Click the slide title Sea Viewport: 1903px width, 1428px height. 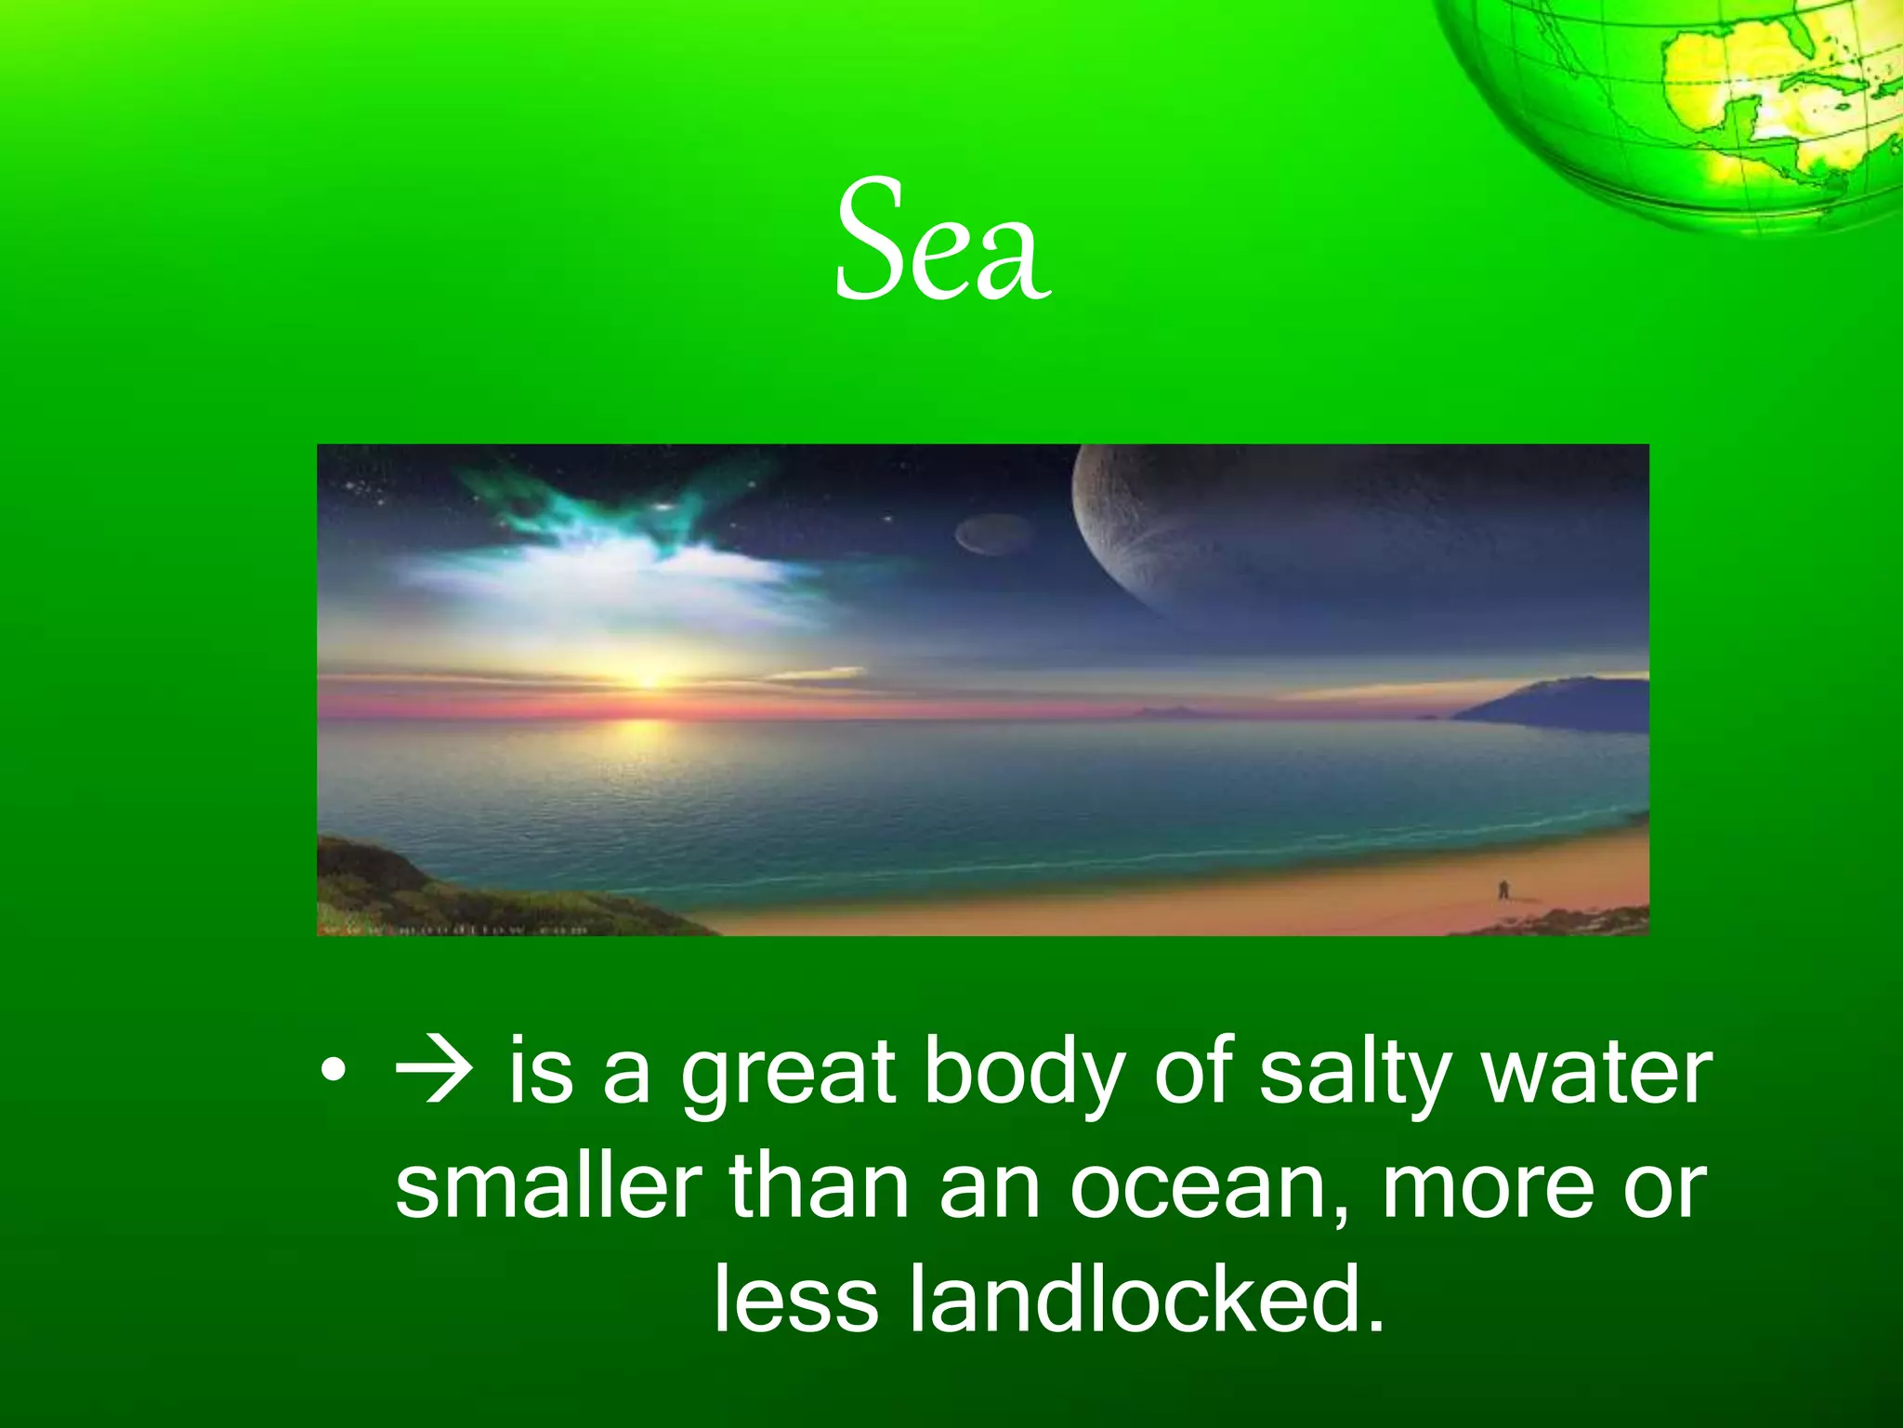942,242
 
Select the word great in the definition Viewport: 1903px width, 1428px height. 788,1077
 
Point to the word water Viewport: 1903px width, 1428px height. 1595,1075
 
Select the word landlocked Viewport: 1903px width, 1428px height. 1145,1300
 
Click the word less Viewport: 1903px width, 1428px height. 795,1300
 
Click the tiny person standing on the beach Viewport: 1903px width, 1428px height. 1503,890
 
